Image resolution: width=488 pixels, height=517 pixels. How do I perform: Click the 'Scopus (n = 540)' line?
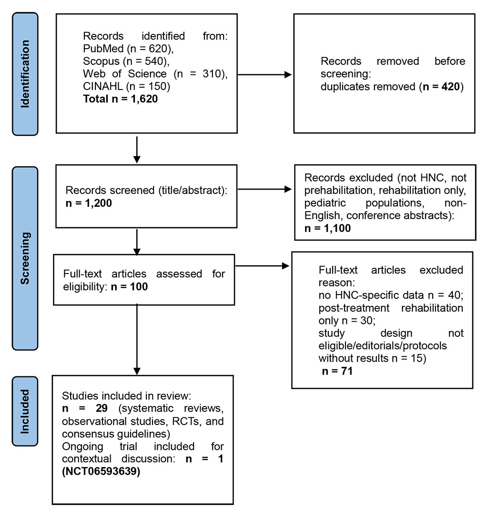pyautogui.click(x=117, y=61)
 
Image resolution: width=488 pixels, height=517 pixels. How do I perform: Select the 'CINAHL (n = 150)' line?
pyautogui.click(x=116, y=87)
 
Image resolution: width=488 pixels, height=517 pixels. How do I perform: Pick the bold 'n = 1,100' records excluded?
pyautogui.click(x=328, y=228)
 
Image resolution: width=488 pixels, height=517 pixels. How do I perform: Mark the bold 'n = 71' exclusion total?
pyautogui.click(x=337, y=371)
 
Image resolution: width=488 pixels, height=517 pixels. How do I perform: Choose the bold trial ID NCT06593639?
pyautogui.click(x=101, y=472)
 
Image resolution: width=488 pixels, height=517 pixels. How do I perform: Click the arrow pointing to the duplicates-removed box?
pyautogui.click(x=264, y=75)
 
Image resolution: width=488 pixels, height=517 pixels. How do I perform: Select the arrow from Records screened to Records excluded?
pyautogui.click(x=264, y=189)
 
